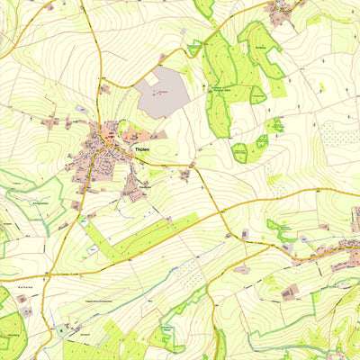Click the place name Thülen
140,148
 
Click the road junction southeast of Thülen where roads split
193,166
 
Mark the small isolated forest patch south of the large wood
240,152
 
